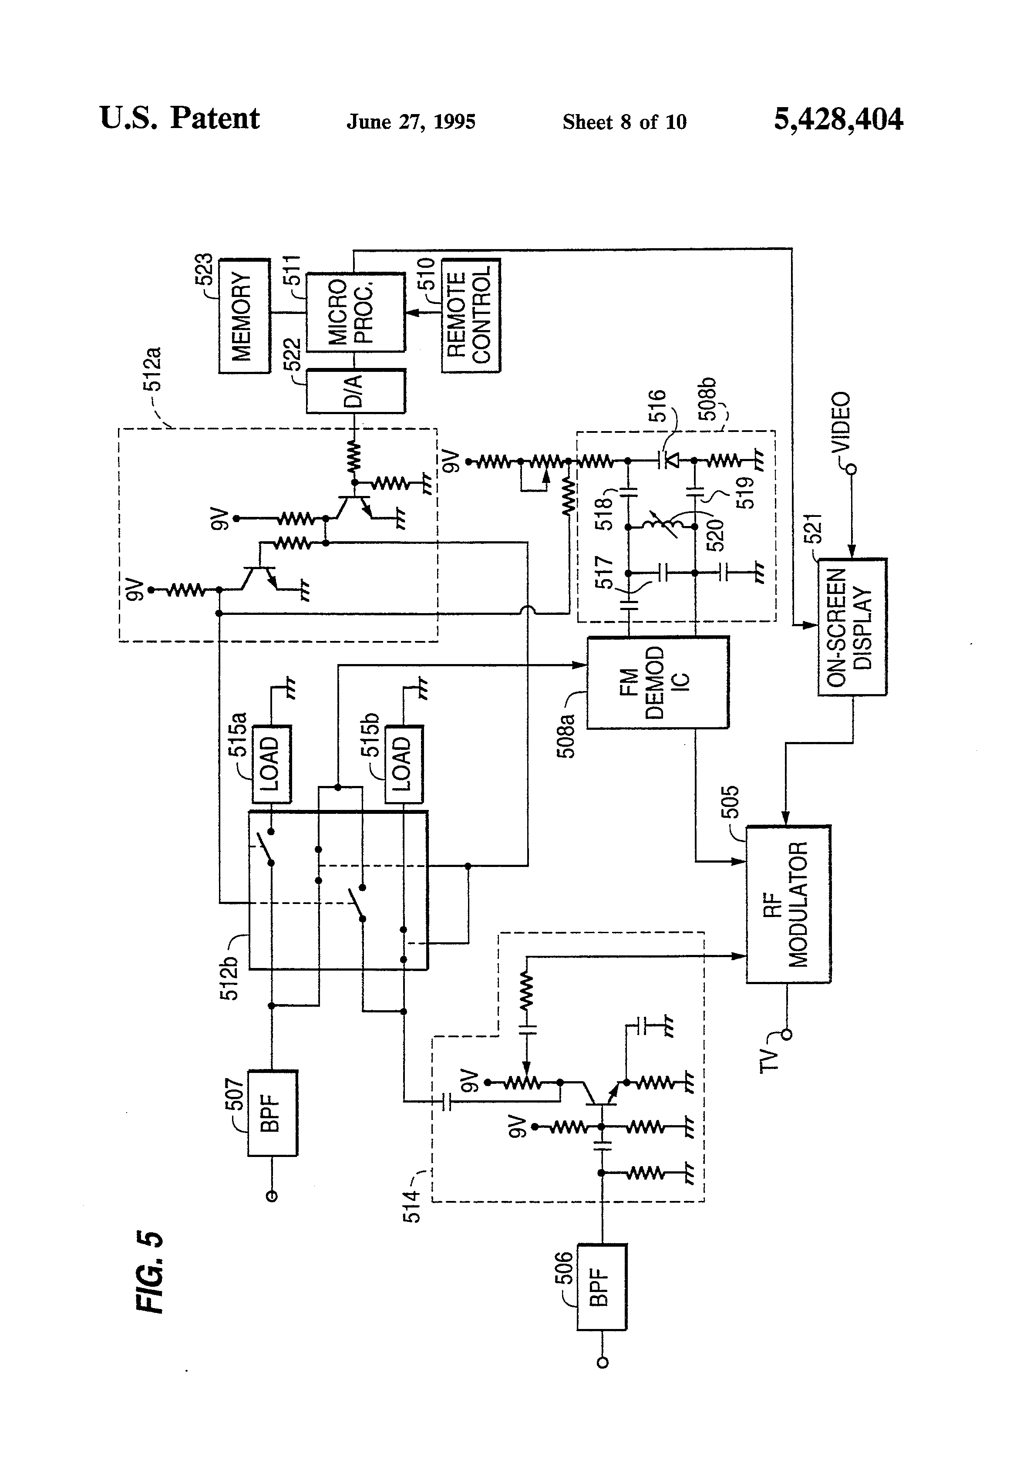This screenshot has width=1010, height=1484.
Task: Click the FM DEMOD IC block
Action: pyautogui.click(x=657, y=682)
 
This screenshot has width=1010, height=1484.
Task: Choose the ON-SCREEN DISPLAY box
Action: pyautogui.click(x=852, y=627)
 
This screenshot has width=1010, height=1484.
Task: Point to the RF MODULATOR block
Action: pyautogui.click(x=788, y=904)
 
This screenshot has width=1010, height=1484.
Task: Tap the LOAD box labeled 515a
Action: pyautogui.click(x=273, y=764)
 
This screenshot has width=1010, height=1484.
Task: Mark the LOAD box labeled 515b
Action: pyautogui.click(x=404, y=764)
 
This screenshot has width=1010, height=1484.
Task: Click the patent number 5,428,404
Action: pyautogui.click(x=838, y=119)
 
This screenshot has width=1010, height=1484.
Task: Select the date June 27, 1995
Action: pyautogui.click(x=411, y=121)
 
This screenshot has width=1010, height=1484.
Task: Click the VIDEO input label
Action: pyautogui.click(x=842, y=422)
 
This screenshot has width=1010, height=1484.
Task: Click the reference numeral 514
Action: pyautogui.click(x=412, y=1206)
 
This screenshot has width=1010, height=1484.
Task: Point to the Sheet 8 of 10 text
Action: pyautogui.click(x=624, y=121)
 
